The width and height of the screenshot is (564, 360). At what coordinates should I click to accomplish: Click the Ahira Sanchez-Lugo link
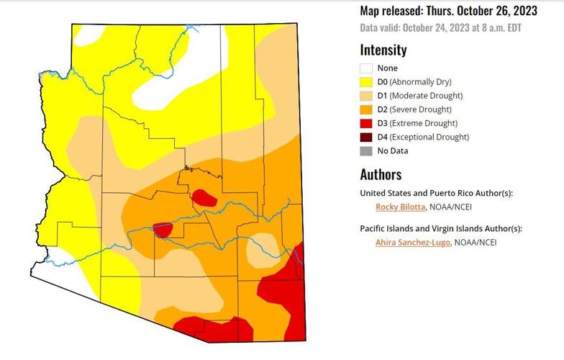[412, 243]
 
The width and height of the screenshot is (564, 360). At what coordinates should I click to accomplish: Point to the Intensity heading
[383, 50]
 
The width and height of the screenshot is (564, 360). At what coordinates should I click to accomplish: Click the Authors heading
[381, 174]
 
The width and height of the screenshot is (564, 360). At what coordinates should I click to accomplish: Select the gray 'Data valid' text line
[440, 28]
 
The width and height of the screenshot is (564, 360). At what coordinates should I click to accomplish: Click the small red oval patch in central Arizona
[205, 198]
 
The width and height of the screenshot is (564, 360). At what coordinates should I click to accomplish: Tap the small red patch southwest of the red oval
[163, 230]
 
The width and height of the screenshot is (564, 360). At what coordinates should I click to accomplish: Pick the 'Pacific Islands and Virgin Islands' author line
[440, 228]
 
